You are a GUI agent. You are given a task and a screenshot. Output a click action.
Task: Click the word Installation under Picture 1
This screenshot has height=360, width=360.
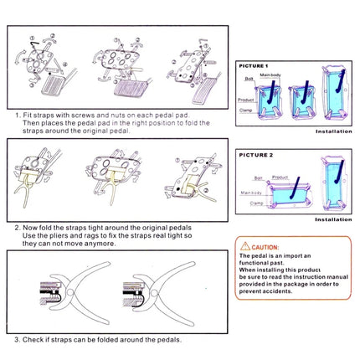click(x=333, y=131)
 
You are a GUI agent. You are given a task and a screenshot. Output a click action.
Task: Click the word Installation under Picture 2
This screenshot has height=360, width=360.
click(x=333, y=219)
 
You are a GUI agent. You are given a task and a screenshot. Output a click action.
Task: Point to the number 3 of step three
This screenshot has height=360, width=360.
click(x=17, y=339)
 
